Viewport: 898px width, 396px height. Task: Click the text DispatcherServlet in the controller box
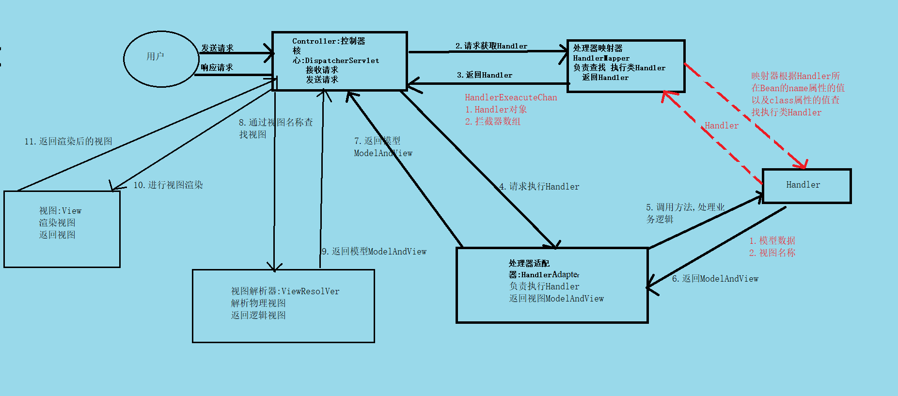coord(342,61)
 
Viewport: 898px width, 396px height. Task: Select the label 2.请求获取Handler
coord(491,46)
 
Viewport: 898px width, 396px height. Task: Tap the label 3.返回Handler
coord(484,75)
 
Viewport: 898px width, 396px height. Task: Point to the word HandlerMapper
coord(601,58)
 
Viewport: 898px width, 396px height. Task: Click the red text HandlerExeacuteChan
coord(511,97)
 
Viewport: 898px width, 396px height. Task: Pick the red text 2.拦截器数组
coord(492,122)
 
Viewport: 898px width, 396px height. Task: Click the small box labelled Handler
coord(806,186)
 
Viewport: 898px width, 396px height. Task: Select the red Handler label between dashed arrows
coord(721,126)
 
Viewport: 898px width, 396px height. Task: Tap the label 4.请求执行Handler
coord(539,187)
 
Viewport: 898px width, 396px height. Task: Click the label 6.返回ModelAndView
coord(715,279)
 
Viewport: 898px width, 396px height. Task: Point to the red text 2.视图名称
coord(772,253)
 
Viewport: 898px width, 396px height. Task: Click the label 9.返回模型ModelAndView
coord(374,252)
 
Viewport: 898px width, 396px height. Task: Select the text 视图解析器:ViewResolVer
coord(285,291)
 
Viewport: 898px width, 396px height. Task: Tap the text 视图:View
coord(60,211)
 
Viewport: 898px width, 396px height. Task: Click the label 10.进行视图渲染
coord(168,185)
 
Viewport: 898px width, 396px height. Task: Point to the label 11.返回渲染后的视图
coord(68,141)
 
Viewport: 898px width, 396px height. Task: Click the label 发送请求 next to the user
coord(217,48)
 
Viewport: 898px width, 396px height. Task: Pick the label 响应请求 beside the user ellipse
coord(217,67)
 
